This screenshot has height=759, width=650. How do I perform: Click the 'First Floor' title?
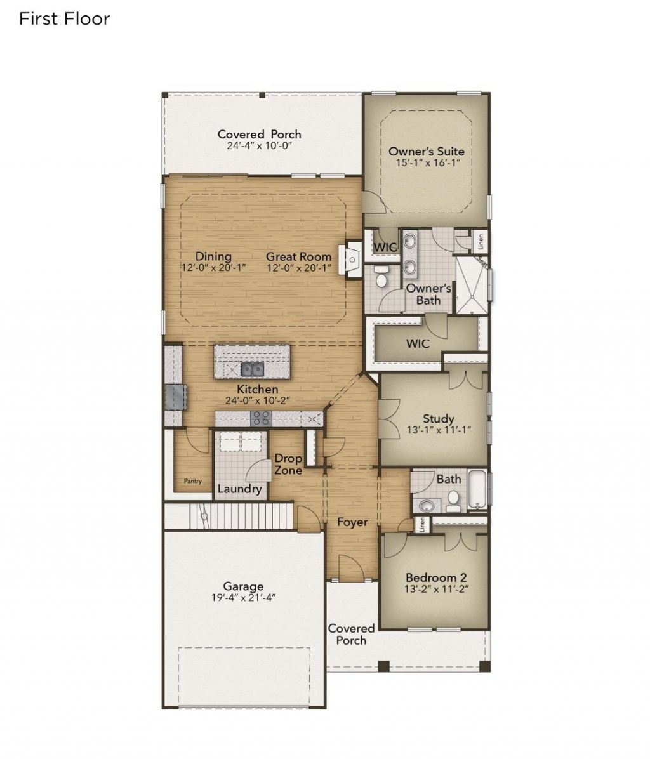click(64, 19)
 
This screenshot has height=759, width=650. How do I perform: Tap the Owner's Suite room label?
click(426, 152)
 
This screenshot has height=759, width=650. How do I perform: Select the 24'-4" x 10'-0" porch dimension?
click(259, 145)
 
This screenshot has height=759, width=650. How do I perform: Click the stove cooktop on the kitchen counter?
click(260, 418)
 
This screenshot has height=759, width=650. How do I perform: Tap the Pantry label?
click(192, 481)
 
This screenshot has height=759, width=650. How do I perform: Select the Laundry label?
click(239, 489)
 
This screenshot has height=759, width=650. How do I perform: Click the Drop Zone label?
click(288, 465)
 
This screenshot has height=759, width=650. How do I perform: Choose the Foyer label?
click(352, 522)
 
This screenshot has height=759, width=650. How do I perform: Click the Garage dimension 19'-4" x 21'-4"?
click(243, 598)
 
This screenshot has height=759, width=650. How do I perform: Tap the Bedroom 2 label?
click(436, 577)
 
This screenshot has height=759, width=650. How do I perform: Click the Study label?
click(438, 419)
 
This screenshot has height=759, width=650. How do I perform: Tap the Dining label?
click(213, 256)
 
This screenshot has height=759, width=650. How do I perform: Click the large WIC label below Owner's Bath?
click(418, 343)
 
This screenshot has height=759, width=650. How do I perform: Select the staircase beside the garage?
click(241, 515)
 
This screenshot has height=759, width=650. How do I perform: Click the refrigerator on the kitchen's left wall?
click(175, 397)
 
